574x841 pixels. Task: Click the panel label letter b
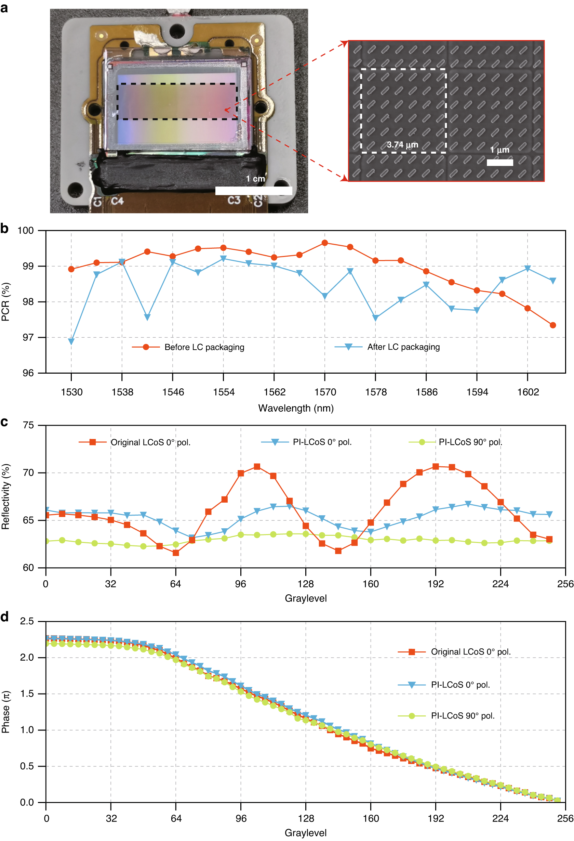(x=4, y=229)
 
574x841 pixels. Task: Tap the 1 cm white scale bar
(x=253, y=191)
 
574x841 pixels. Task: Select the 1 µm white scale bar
(x=499, y=163)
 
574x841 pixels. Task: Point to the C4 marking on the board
(x=117, y=201)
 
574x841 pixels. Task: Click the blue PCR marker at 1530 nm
(x=71, y=341)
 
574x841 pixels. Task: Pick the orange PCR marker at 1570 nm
(x=324, y=243)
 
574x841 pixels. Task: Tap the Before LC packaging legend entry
(x=204, y=347)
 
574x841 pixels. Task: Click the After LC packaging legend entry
(x=403, y=347)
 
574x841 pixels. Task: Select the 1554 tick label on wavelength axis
(x=224, y=392)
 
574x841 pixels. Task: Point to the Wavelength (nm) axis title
(x=295, y=408)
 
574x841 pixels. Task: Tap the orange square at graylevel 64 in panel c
(x=175, y=553)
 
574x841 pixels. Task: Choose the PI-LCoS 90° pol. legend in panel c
(x=470, y=442)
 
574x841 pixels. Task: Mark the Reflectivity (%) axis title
(x=5, y=496)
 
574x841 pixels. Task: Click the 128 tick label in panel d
(x=306, y=818)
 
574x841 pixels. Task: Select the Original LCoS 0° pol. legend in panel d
(x=470, y=652)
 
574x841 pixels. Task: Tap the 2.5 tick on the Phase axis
(x=27, y=621)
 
